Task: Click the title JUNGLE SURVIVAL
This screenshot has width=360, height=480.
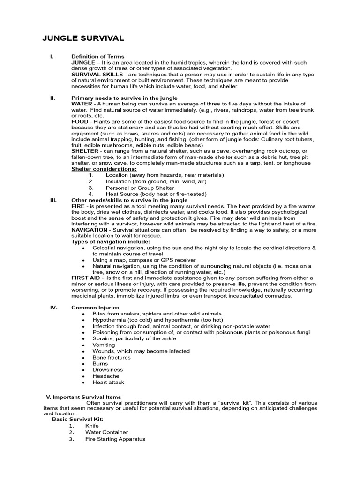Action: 83,38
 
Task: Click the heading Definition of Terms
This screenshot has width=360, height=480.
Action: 97,57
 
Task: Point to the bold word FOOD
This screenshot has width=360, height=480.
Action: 79,121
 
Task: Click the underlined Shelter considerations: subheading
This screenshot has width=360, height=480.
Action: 104,169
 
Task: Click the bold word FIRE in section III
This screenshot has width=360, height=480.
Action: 78,206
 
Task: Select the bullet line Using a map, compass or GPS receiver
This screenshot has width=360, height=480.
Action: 144,260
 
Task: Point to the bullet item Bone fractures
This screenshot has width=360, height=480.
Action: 111,357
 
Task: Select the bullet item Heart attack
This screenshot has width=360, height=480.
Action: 108,382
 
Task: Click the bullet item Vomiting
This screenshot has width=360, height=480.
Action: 104,345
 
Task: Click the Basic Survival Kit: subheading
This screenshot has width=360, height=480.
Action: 78,419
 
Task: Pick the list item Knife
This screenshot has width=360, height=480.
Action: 92,426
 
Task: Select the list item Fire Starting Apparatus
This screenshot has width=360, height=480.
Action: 115,439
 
